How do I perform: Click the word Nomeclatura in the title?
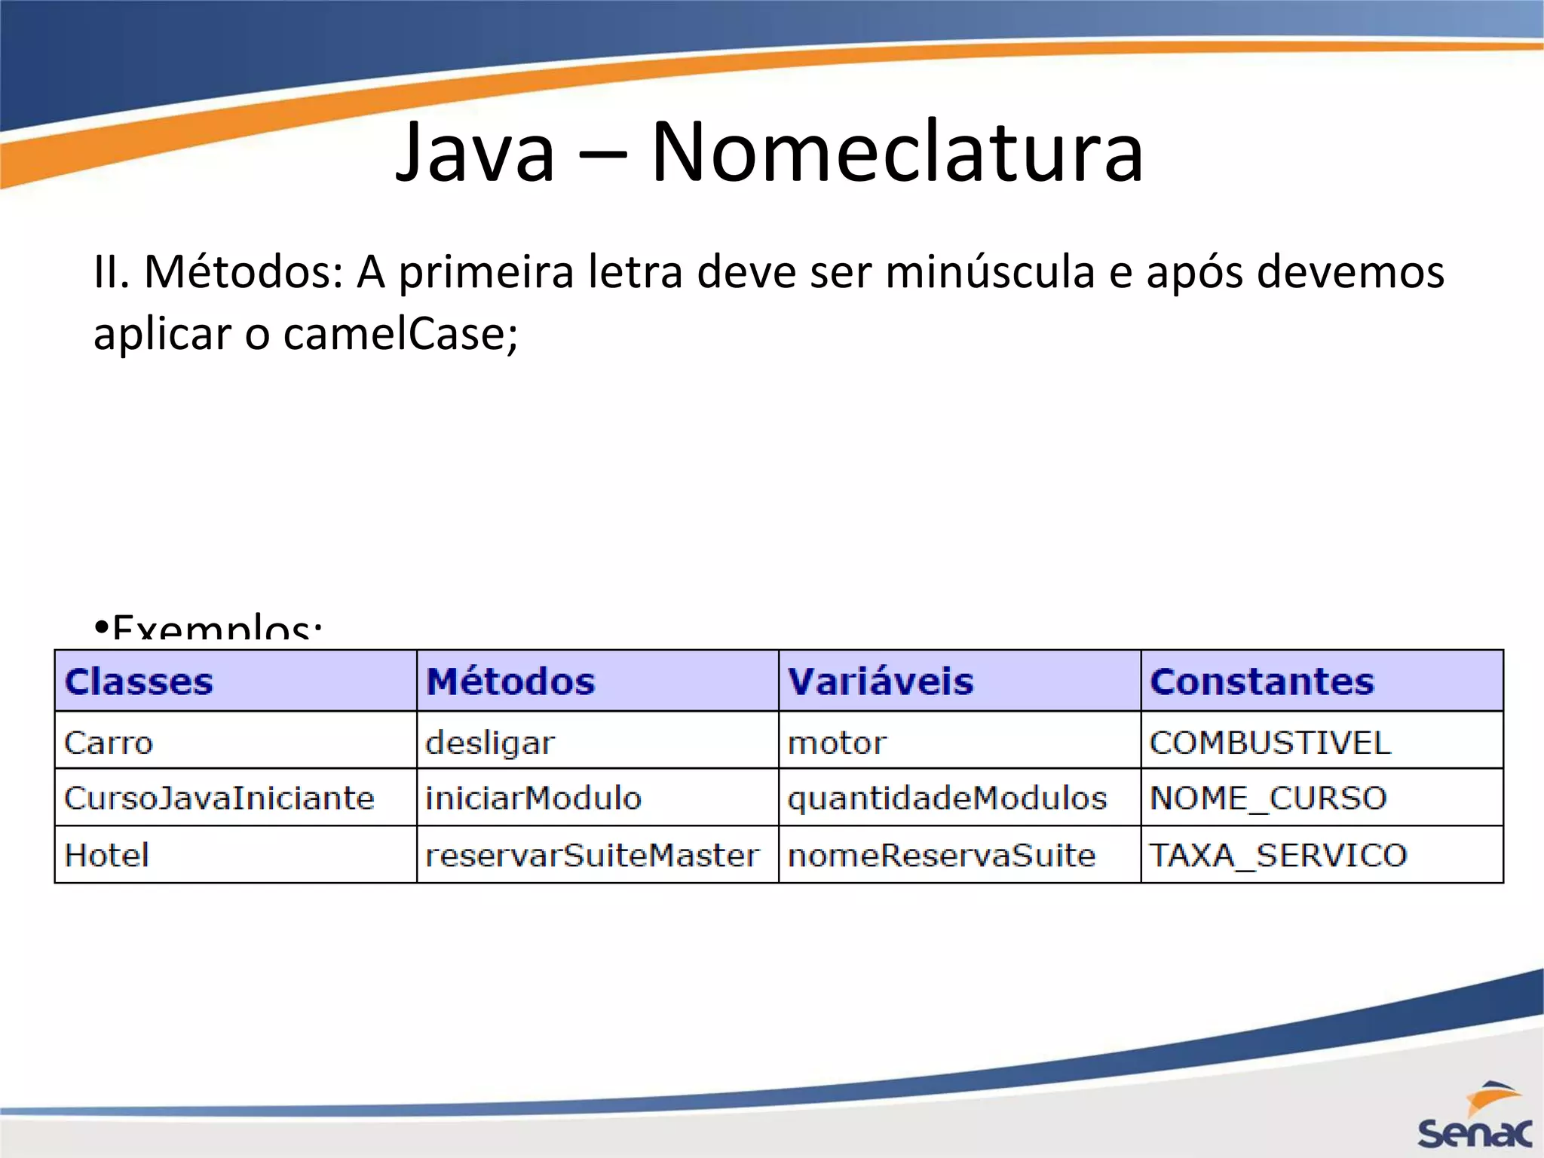pyautogui.click(x=897, y=152)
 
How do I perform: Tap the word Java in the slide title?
pyautogui.click(x=476, y=152)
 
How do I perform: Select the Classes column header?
pyautogui.click(x=139, y=682)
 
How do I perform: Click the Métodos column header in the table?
pyautogui.click(x=510, y=682)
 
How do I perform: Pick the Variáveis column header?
pyautogui.click(x=881, y=682)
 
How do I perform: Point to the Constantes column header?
pyautogui.click(x=1262, y=682)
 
